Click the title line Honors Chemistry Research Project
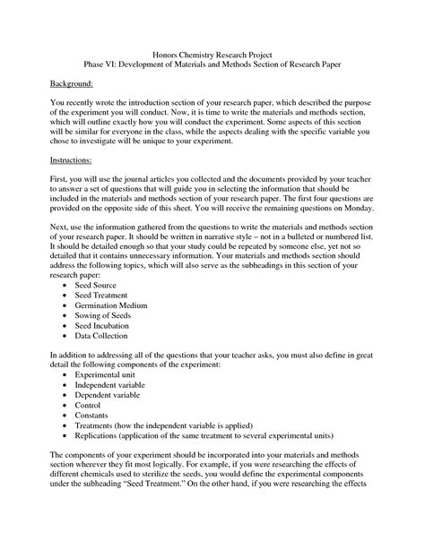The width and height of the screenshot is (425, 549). [212, 55]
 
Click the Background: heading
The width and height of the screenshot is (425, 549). [73, 81]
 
